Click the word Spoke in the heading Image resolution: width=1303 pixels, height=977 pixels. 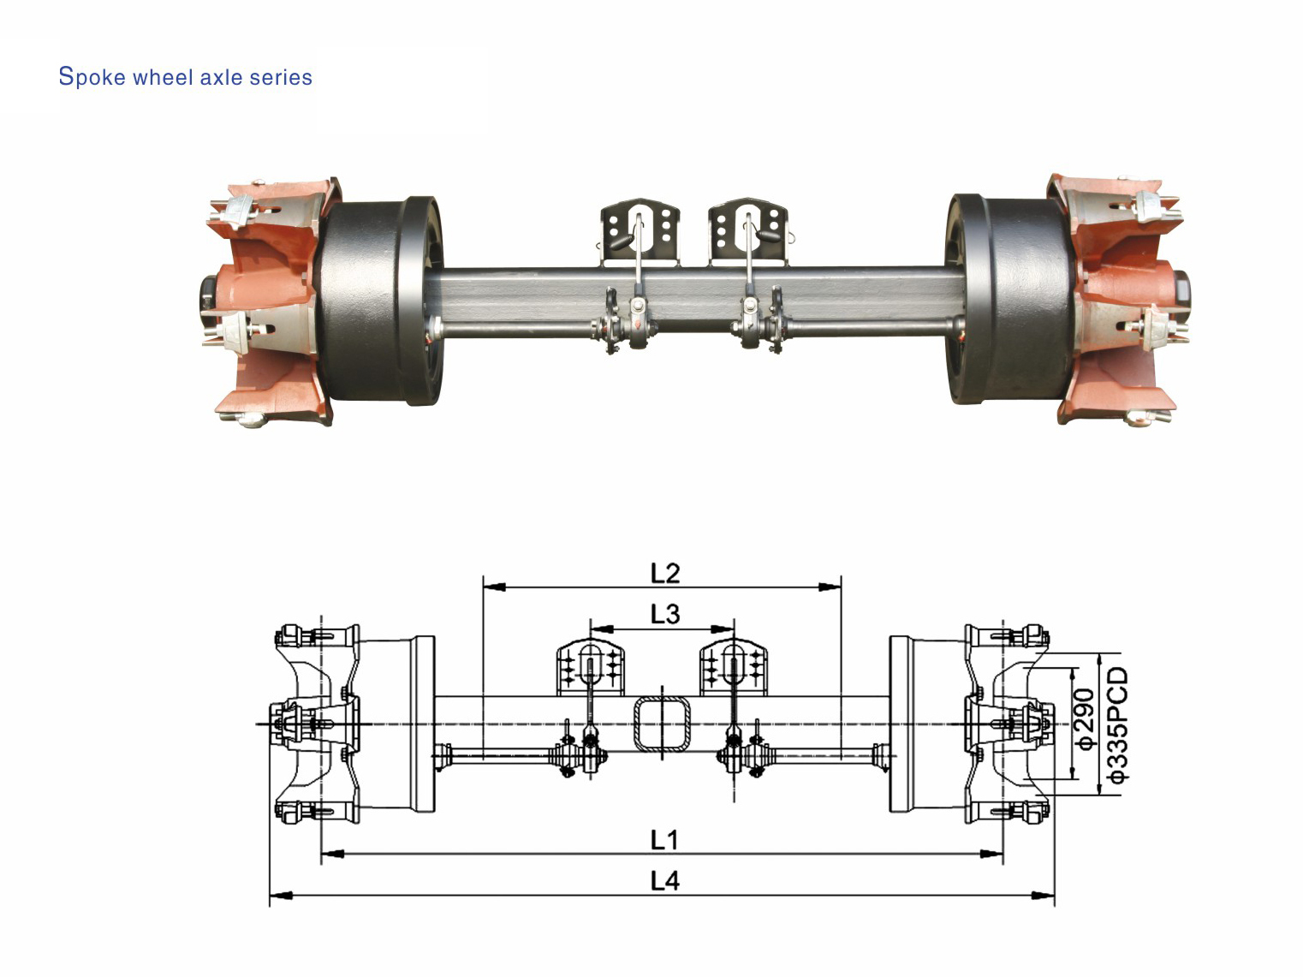point(92,77)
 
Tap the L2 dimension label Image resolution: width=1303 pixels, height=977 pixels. point(664,573)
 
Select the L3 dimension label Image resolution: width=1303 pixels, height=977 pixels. point(664,614)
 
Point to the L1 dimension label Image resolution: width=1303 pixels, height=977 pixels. point(664,840)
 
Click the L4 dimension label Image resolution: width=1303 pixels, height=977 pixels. point(664,881)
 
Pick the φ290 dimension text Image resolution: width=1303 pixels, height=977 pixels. point(1084,719)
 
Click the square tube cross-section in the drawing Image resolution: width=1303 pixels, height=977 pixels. point(661,724)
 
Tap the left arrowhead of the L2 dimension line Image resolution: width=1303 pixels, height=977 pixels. point(493,587)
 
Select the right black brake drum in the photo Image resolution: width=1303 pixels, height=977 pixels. point(1010,300)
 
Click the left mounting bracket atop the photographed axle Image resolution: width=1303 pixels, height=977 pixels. point(640,231)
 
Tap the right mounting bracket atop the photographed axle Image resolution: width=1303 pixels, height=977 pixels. point(748,231)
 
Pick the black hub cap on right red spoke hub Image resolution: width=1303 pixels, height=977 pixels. point(1182,292)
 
